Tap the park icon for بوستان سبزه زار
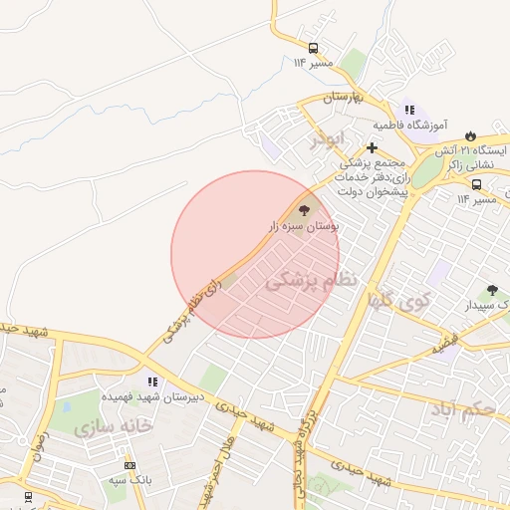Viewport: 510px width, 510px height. click(304, 210)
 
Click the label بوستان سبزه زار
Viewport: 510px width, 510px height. click(303, 227)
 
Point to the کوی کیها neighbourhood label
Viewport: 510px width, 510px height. click(397, 299)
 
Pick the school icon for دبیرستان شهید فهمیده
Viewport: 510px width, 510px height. click(152, 381)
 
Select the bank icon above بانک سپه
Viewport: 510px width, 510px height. click(129, 465)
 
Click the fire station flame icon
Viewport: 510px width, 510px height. click(469, 134)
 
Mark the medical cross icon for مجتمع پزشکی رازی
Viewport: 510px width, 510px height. click(372, 147)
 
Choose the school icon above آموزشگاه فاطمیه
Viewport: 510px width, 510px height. click(408, 111)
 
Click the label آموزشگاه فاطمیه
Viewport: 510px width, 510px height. click(407, 127)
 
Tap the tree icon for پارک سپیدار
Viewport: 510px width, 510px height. click(492, 290)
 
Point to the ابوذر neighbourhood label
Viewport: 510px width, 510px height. click(326, 138)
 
